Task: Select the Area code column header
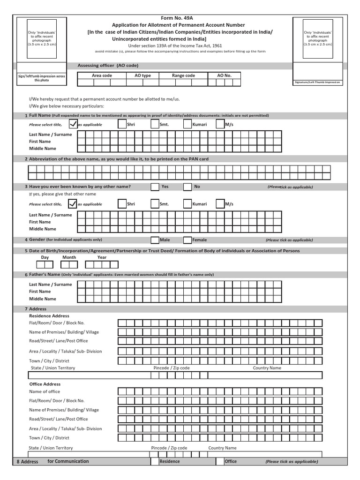tap(102, 75)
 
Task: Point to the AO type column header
tap(142, 75)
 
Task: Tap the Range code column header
tap(183, 75)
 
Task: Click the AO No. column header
tap(224, 75)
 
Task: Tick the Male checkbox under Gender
tap(155, 240)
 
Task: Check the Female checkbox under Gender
tap(187, 240)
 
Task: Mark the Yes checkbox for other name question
tap(155, 187)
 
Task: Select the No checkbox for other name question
tap(187, 187)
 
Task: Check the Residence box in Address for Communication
tap(155, 461)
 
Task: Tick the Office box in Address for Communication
tap(220, 461)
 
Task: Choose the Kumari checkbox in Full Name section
tap(187, 125)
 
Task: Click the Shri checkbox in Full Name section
tap(122, 125)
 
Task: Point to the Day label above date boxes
tap(45, 257)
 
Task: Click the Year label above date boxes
tap(102, 257)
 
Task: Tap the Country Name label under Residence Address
tap(267, 368)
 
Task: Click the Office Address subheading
tap(45, 384)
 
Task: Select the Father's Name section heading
tap(45, 274)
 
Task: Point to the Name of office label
tap(45, 391)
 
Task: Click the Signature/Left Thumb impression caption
tap(317, 82)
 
